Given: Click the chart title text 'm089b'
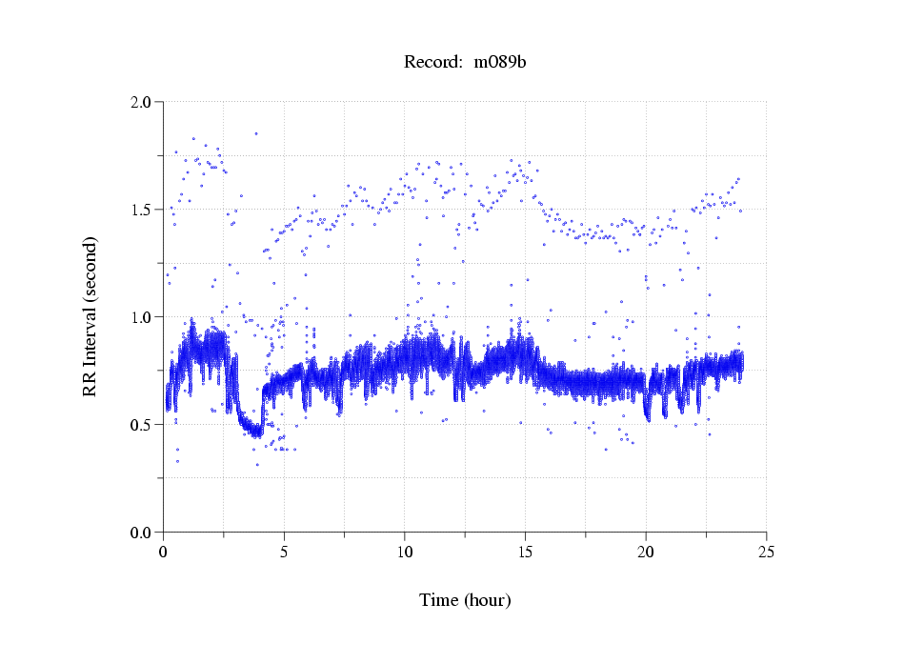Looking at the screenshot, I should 500,63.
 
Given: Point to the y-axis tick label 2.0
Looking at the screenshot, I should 142,102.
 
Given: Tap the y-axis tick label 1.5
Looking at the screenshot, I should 142,210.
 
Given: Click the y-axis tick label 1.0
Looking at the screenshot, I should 142,317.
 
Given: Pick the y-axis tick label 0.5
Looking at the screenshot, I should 142,425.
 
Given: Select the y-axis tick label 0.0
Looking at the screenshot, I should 142,533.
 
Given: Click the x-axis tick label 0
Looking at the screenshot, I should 163,552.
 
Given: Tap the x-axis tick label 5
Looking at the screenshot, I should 284,552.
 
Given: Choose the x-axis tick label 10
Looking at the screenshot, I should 405,552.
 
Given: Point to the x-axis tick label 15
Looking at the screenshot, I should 525,552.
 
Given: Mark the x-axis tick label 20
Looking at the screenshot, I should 646,552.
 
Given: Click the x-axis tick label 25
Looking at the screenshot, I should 767,552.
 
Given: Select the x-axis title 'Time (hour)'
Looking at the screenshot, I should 465,601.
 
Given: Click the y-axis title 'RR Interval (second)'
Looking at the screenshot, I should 90,315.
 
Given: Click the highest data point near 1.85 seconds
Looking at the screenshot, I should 255,134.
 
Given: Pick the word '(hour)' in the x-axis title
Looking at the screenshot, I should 488,601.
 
